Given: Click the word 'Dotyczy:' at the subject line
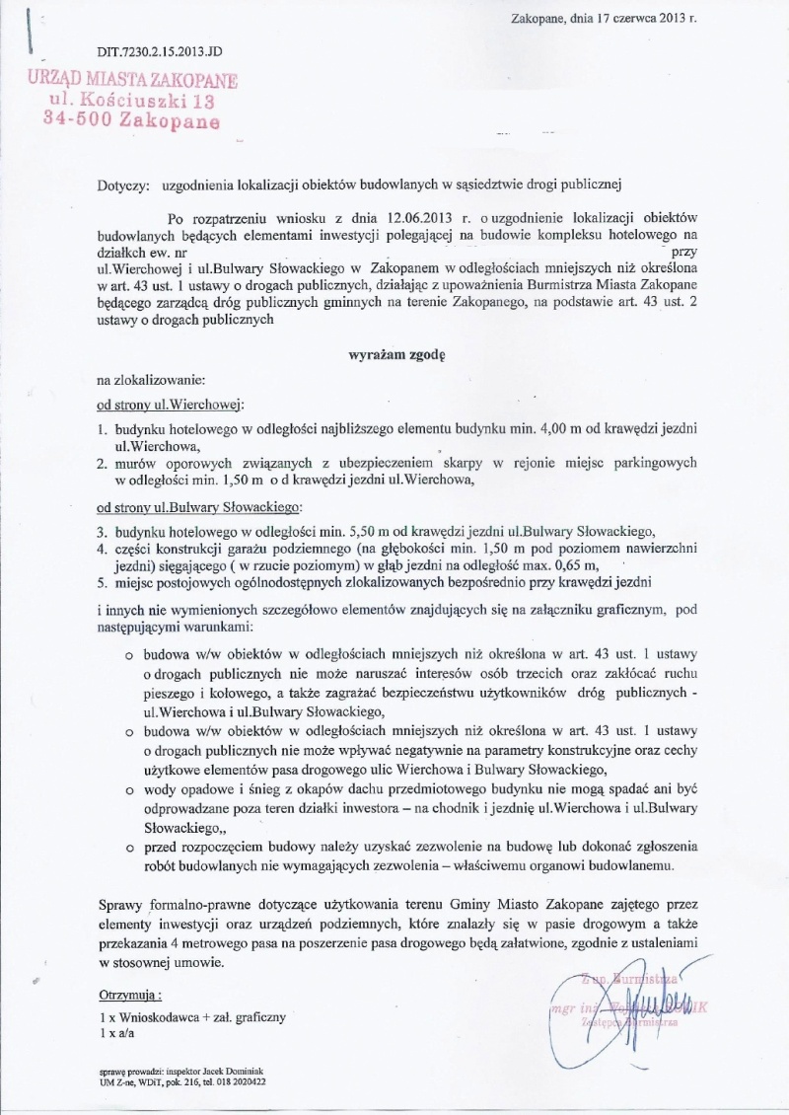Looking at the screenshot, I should (x=123, y=184).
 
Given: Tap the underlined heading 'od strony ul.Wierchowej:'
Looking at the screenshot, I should (x=170, y=405).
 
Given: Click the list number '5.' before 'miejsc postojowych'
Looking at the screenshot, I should (x=102, y=582).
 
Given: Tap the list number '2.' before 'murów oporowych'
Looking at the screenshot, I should (x=102, y=463).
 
